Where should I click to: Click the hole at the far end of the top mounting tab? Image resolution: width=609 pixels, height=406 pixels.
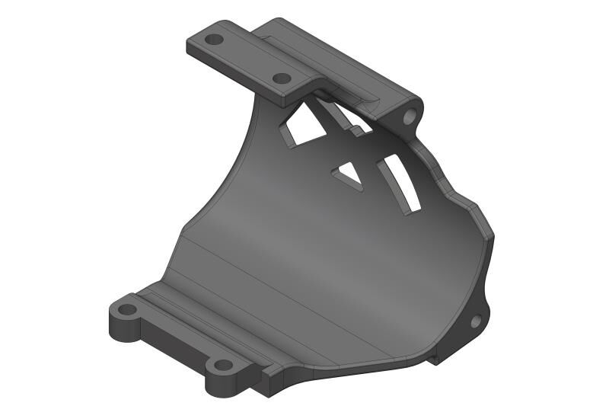215,39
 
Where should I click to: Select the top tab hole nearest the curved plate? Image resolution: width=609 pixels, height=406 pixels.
281,78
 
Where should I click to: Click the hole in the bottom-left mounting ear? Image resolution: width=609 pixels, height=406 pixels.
127,310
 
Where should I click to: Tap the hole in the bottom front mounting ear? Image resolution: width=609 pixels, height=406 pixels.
222,365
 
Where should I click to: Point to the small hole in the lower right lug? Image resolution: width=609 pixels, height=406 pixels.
476,321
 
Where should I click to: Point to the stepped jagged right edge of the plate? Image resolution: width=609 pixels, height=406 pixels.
457,190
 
